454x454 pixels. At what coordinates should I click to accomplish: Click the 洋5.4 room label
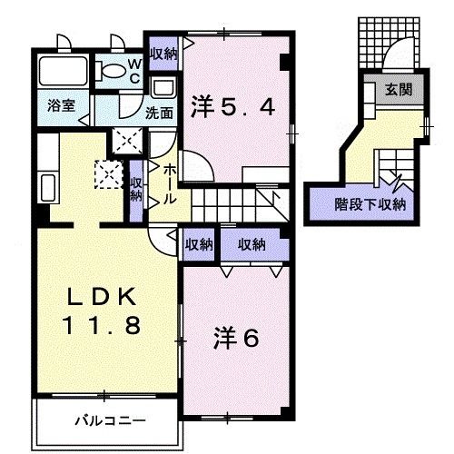point(232,108)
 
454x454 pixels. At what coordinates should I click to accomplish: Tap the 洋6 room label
point(238,337)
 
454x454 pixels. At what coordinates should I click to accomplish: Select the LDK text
point(102,297)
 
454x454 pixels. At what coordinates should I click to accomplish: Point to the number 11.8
point(102,324)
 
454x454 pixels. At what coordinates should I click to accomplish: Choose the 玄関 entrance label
point(397,91)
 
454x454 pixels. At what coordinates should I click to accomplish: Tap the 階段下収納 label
point(370,203)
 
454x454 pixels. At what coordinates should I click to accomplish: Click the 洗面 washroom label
point(160,113)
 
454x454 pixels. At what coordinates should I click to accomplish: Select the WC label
point(133,70)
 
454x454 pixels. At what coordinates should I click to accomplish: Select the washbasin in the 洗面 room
point(163,88)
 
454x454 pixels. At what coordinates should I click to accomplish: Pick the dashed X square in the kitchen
point(110,172)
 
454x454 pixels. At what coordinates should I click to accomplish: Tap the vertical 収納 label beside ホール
point(136,189)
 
